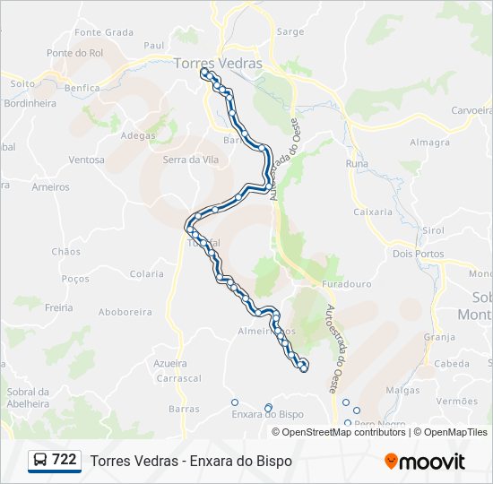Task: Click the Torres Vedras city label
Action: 219,64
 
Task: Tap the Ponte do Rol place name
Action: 75,53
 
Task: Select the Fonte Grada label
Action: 104,32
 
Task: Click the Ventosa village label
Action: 86,160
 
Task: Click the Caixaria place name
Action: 374,212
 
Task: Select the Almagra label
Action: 429,143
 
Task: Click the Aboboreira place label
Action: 123,313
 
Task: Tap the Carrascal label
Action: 178,379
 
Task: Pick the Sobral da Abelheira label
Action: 28,398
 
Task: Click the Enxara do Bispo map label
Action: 267,415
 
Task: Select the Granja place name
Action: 439,338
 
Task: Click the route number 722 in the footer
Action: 64,460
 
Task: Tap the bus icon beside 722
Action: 40,461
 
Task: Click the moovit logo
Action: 425,462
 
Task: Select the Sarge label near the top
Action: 290,31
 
